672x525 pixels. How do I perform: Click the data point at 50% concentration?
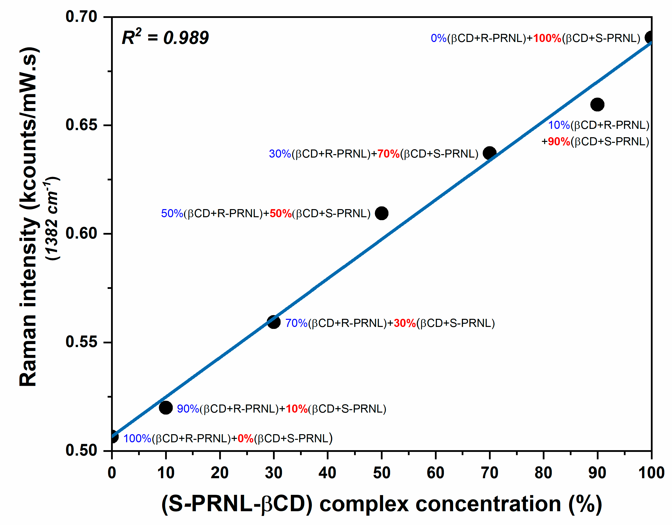(x=382, y=213)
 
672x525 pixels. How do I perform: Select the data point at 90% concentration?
(x=597, y=105)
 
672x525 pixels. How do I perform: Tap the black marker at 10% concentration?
(x=166, y=408)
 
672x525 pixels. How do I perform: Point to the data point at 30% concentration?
(x=273, y=322)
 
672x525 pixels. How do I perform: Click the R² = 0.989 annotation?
(x=165, y=38)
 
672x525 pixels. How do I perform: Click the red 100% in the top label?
(x=547, y=38)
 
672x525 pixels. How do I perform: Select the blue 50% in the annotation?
(x=172, y=213)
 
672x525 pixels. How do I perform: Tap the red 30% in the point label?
(x=405, y=323)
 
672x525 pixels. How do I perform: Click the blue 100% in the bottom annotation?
(x=137, y=438)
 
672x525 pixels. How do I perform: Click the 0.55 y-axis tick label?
(x=81, y=342)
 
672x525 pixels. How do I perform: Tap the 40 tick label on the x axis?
(x=327, y=473)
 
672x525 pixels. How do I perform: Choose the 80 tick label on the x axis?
(x=543, y=473)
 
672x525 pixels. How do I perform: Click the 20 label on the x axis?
(x=220, y=473)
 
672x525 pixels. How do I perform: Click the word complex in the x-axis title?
(x=364, y=504)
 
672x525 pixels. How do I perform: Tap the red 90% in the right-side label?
(x=559, y=141)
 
